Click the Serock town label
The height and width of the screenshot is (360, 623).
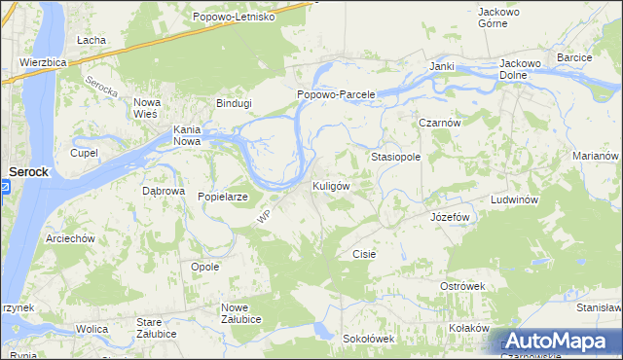(28, 171)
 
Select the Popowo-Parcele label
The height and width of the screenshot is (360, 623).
(337, 94)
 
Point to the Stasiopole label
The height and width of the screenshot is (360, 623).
(395, 156)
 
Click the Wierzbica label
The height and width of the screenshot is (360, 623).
(42, 61)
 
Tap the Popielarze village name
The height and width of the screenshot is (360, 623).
(223, 197)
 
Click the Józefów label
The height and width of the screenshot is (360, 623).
(451, 217)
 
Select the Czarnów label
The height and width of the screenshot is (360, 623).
(439, 123)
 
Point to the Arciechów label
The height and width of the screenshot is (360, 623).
(70, 238)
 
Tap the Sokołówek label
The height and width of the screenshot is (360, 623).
(368, 339)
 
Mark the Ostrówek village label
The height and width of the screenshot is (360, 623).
(462, 286)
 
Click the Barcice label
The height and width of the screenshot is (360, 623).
(574, 58)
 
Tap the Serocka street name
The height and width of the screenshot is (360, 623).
(101, 90)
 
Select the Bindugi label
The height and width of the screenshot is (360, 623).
(234, 103)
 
